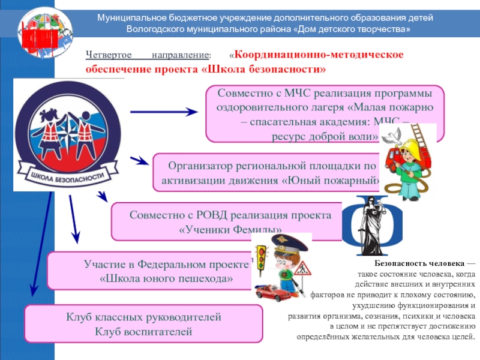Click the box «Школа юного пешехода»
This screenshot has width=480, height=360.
tap(150, 271)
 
